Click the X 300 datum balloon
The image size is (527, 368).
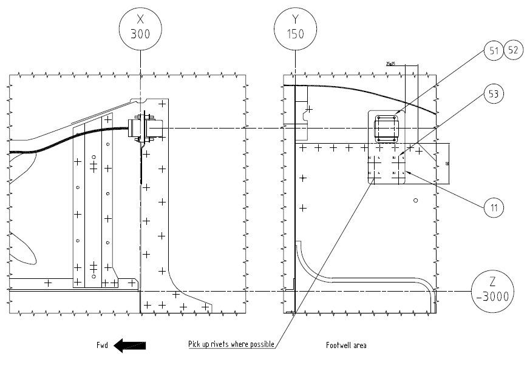[x=140, y=27]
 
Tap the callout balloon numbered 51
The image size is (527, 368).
[x=493, y=51]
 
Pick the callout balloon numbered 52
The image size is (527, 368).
[x=514, y=51]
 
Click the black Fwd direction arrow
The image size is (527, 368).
[x=130, y=346]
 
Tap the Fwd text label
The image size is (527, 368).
[x=102, y=346]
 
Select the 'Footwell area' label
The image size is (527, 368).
[x=346, y=346]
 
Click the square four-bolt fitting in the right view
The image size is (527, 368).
[x=387, y=129]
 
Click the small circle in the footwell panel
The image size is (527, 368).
[x=415, y=200]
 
